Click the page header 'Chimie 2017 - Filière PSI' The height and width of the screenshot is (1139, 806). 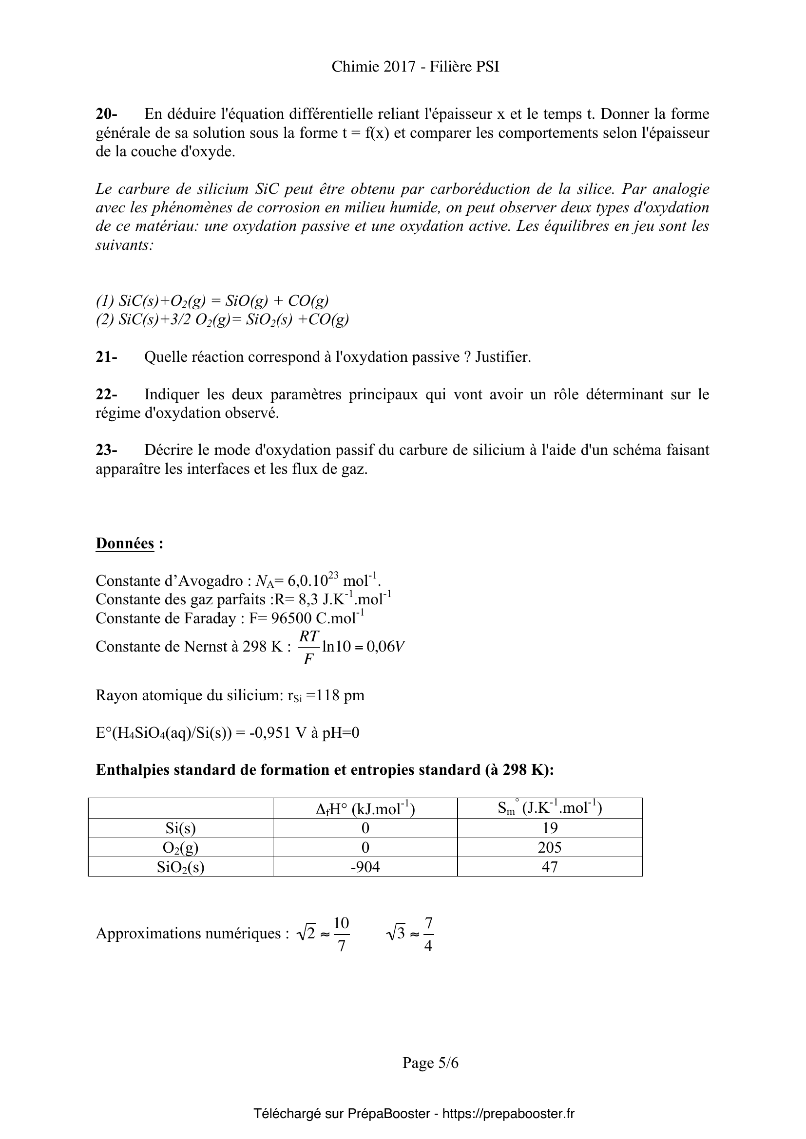pos(415,67)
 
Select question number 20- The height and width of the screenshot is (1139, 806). pos(106,114)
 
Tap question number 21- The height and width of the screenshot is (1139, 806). pos(106,356)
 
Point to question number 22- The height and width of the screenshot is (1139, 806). pos(106,394)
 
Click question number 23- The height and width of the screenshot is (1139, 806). pos(106,450)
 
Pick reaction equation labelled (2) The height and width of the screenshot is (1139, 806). pos(222,319)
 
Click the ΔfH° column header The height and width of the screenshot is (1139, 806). pos(365,809)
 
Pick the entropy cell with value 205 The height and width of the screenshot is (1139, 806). pos(549,847)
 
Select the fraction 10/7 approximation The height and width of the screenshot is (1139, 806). pos(341,934)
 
